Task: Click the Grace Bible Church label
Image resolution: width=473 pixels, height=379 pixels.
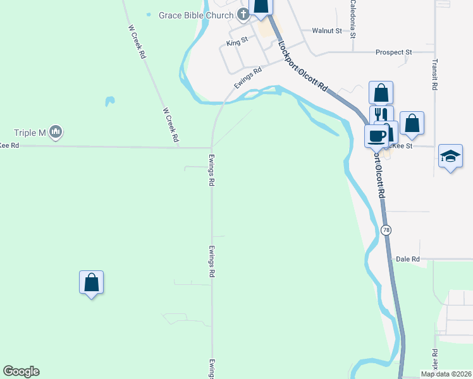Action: [196, 15]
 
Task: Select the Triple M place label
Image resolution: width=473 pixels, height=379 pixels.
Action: [30, 133]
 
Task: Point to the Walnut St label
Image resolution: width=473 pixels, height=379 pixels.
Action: [327, 30]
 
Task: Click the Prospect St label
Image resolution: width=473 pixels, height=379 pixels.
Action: [393, 52]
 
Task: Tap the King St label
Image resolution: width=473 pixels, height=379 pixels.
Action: [236, 44]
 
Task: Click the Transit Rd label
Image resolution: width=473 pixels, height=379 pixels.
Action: [434, 75]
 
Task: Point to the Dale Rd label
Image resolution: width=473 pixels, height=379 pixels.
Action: [407, 259]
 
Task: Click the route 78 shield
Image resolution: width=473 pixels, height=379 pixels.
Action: [386, 231]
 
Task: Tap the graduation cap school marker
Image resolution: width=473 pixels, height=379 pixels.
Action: [450, 157]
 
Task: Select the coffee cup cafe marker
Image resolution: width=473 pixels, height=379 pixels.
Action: [378, 135]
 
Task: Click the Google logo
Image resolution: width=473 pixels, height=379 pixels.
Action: [21, 371]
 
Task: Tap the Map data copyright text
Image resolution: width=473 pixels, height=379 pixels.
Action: [446, 374]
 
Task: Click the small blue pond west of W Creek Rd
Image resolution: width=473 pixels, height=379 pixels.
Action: [109, 100]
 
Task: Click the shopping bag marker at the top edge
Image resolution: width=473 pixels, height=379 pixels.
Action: [261, 6]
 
